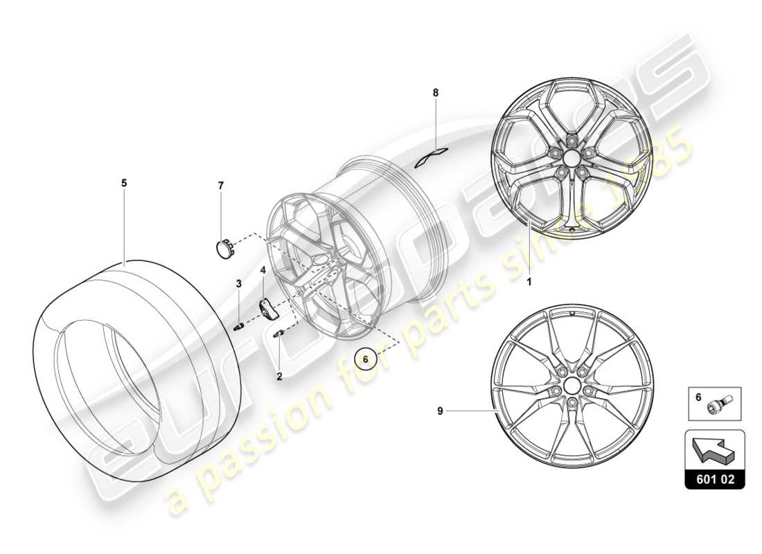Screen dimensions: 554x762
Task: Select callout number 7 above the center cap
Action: [x=221, y=186]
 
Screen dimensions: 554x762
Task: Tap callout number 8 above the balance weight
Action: [x=436, y=92]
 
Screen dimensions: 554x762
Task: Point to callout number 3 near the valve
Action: [x=238, y=283]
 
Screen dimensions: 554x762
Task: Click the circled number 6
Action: [x=366, y=359]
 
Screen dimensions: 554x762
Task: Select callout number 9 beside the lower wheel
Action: [x=440, y=411]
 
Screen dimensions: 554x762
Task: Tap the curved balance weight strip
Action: [x=432, y=158]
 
